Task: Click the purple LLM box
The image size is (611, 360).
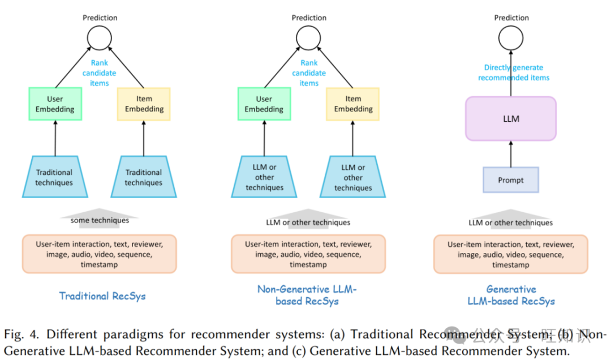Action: (511, 119)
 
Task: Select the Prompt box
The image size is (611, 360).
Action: (511, 180)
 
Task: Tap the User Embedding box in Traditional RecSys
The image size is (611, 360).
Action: (55, 104)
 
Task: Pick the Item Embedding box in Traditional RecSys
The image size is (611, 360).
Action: (144, 104)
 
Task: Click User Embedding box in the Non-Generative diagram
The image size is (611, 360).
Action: (264, 104)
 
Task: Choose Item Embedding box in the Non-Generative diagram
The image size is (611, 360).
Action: (353, 104)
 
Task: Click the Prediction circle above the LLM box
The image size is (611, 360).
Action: (511, 39)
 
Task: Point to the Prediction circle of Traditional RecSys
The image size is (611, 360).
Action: (99, 39)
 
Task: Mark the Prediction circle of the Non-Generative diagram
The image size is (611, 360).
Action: (308, 39)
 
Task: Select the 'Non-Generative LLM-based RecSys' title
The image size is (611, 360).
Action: (307, 295)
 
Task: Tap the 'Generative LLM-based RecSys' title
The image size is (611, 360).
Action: (511, 295)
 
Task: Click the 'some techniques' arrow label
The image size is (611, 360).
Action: (99, 220)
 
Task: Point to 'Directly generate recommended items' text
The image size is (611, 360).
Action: (513, 73)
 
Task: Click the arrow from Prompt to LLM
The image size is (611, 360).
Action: (511, 153)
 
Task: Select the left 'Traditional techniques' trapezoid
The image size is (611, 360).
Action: (54, 177)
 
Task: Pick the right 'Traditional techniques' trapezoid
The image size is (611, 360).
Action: (144, 177)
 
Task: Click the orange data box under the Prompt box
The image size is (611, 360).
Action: (511, 255)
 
